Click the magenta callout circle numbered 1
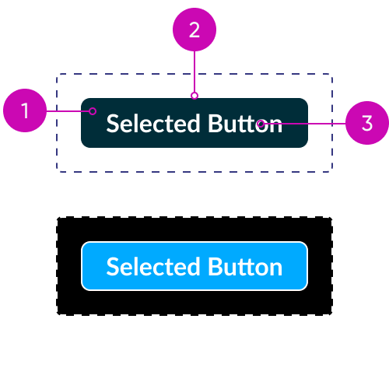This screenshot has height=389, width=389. [25, 110]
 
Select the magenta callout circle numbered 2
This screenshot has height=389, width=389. [194, 30]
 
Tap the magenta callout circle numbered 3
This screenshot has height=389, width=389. [367, 123]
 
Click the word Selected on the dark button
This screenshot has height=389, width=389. [153, 124]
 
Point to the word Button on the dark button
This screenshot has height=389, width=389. [245, 124]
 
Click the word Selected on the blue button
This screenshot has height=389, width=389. [153, 267]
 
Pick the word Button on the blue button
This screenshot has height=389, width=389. [245, 267]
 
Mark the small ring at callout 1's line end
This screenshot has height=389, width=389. [93, 111]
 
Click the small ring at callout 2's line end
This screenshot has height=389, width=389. [194, 96]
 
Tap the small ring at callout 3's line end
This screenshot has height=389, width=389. [261, 124]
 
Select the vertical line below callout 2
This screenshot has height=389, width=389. [194, 72]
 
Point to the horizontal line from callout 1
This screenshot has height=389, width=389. [68, 111]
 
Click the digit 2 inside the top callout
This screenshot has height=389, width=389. [194, 30]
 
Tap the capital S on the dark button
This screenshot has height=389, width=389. [113, 124]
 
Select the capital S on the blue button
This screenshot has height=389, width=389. [113, 267]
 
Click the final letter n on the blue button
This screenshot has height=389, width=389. [276, 270]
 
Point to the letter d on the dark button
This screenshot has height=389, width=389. [194, 124]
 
